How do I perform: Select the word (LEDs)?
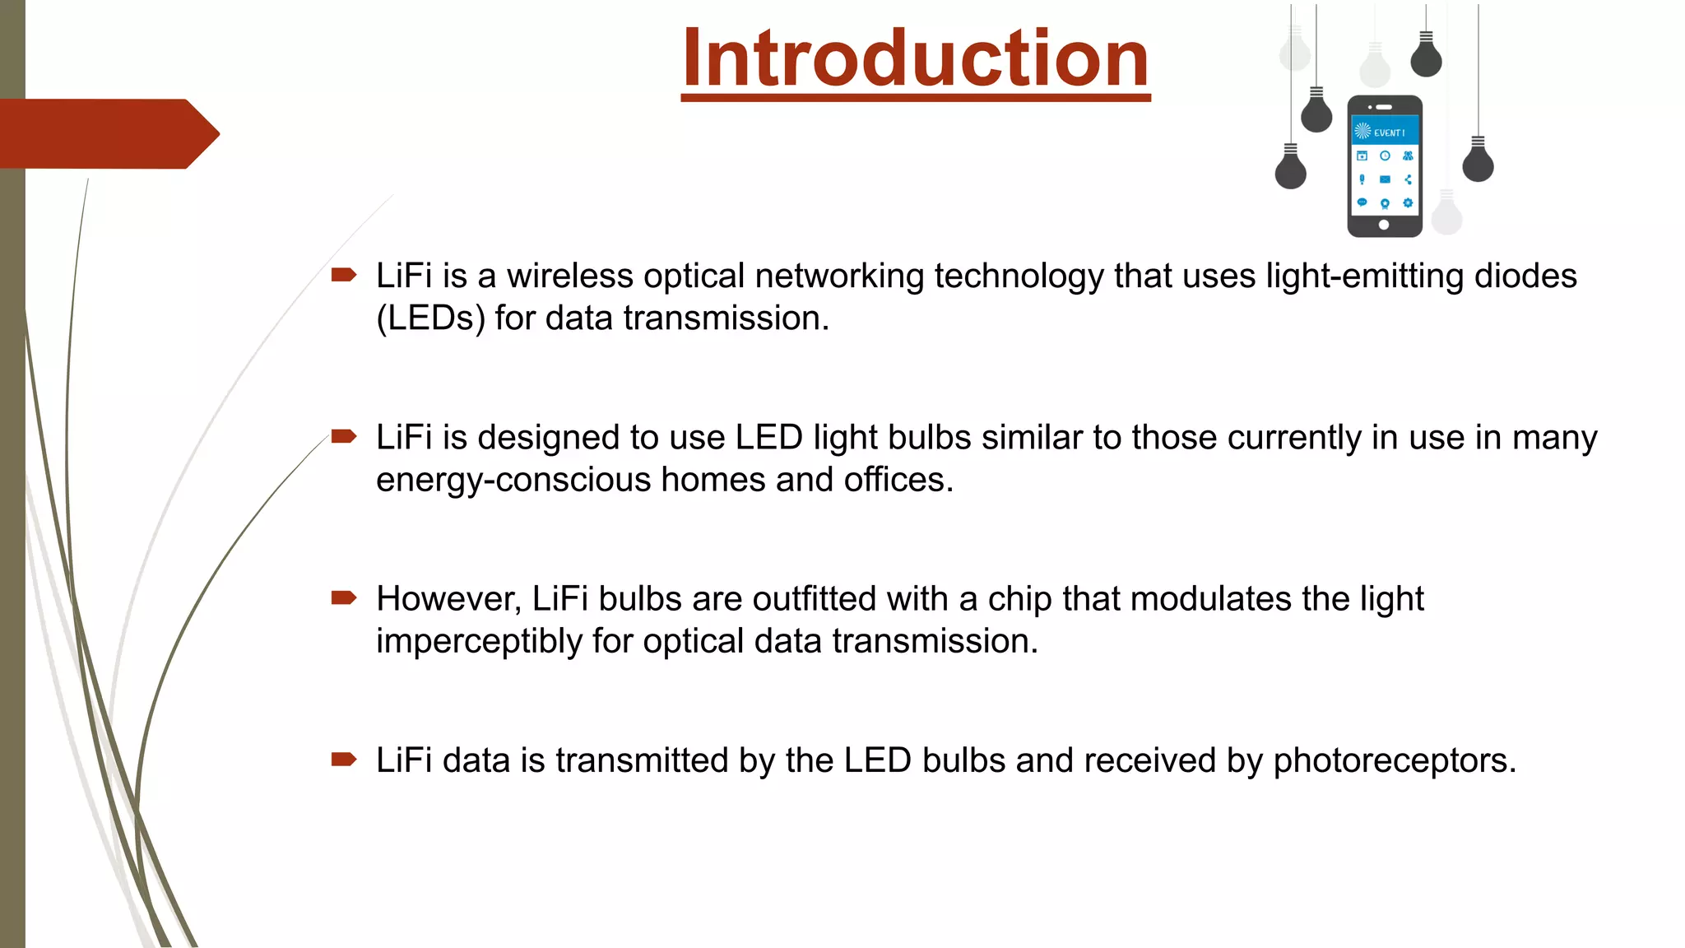[430, 318]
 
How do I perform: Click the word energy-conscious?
[513, 480]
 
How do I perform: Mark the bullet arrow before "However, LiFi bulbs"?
[343, 597]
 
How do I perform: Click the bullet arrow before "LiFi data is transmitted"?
[343, 759]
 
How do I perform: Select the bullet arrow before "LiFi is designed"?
[343, 436]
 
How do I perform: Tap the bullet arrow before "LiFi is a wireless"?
[343, 275]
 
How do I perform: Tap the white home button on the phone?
[1384, 225]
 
